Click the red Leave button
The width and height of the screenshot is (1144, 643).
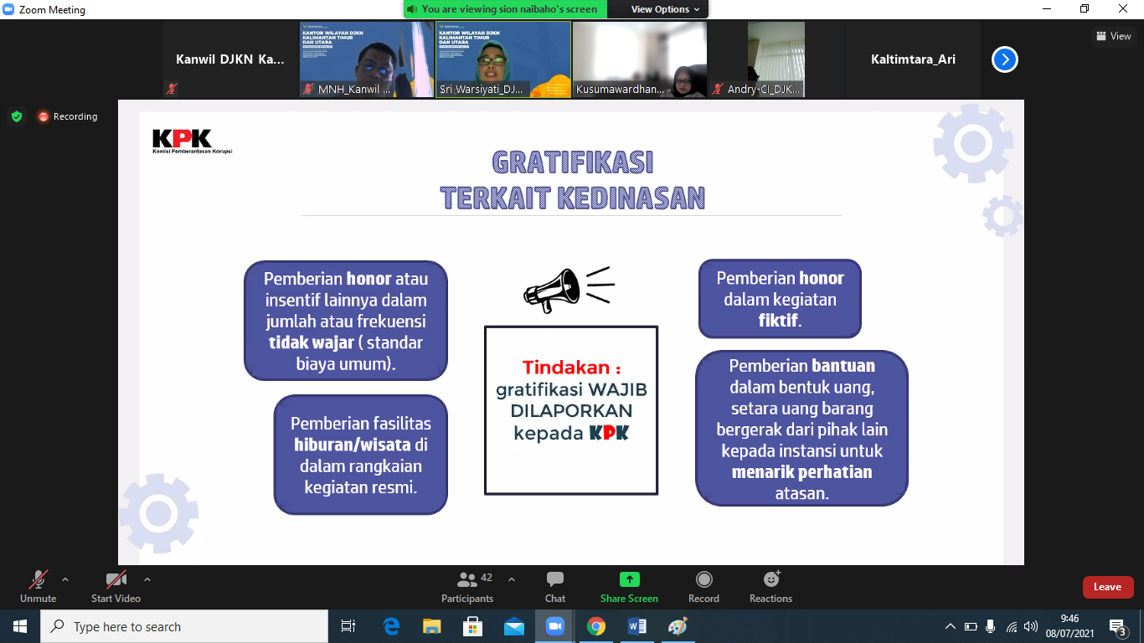[x=1107, y=587]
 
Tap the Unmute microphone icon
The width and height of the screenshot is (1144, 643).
[x=39, y=579]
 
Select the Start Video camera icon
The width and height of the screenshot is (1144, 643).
[x=116, y=579]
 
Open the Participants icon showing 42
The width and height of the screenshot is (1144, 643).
[x=467, y=579]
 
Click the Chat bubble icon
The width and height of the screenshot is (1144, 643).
[x=555, y=579]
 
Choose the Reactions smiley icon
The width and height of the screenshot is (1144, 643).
[x=771, y=579]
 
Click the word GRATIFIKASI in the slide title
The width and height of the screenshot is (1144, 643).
[x=573, y=162]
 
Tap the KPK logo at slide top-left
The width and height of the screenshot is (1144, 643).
[x=183, y=139]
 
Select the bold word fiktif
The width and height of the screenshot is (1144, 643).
[x=779, y=321]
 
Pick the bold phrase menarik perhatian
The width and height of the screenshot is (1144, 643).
[x=801, y=472]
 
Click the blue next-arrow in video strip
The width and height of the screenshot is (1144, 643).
[x=1004, y=59]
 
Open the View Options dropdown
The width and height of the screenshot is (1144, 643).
[x=660, y=9]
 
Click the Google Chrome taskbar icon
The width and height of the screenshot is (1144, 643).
[x=595, y=626]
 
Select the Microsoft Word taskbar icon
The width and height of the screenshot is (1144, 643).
[x=636, y=626]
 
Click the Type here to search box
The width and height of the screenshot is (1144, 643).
[x=184, y=626]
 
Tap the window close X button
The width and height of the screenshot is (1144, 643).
[x=1124, y=9]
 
